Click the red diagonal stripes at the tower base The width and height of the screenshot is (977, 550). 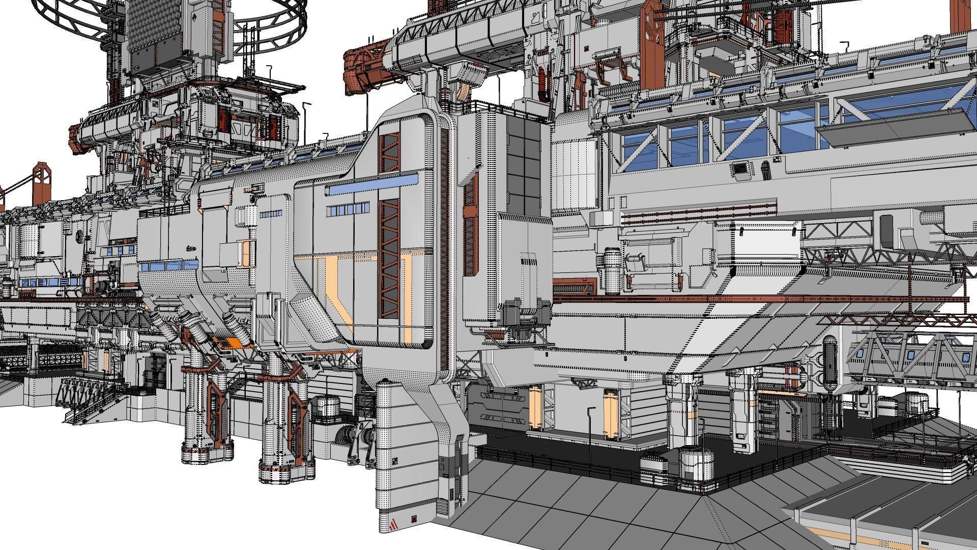393,524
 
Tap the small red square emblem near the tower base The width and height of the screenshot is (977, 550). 413,519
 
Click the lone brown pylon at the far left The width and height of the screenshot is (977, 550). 41,183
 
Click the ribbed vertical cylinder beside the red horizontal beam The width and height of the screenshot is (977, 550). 611,270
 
